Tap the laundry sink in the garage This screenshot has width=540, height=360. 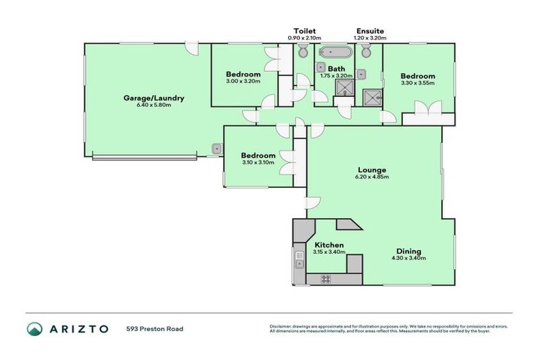[x=217, y=148]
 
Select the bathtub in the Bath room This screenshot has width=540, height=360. [x=336, y=53]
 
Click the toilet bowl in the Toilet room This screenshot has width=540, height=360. [x=303, y=52]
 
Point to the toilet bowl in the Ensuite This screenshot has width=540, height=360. [x=366, y=52]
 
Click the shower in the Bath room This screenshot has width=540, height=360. [x=344, y=87]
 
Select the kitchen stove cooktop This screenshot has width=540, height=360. [x=326, y=278]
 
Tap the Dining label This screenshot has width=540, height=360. [x=408, y=251]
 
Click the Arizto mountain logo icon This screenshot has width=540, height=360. [x=34, y=328]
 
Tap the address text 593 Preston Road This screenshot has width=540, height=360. [x=155, y=328]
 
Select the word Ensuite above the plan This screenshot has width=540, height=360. [x=370, y=31]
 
